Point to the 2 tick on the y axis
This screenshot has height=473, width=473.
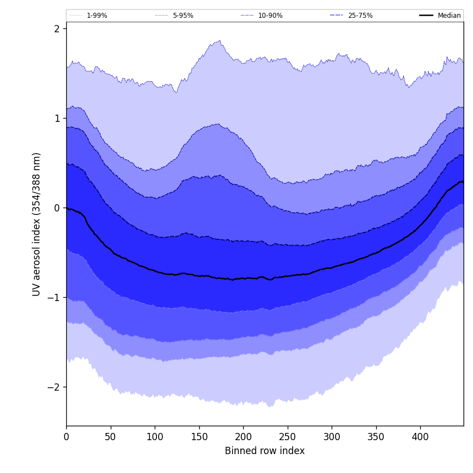point(57,28)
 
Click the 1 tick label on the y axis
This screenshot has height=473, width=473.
point(57,118)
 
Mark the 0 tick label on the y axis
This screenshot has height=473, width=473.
point(57,208)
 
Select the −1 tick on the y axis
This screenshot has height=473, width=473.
point(54,297)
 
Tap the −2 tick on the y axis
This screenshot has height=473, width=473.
point(54,387)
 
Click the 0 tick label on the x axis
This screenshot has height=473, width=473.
point(66,437)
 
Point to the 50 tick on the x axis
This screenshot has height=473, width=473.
point(111,437)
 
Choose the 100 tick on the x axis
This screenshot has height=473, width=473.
point(155,437)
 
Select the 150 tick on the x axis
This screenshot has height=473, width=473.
point(199,437)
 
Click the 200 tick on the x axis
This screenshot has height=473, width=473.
point(243,437)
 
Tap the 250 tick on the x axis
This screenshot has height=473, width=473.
point(288,437)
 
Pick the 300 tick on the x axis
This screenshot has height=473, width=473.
point(332,437)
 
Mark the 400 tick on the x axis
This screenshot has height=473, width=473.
point(420,437)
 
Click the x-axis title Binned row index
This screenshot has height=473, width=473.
point(265,451)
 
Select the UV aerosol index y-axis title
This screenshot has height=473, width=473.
point(37,224)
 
